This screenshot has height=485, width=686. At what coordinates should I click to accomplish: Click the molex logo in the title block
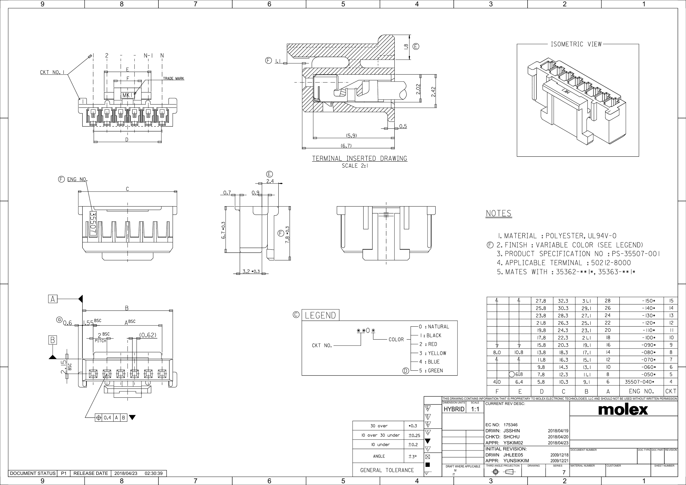coord(623,410)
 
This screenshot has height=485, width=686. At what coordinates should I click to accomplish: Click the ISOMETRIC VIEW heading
coord(576,44)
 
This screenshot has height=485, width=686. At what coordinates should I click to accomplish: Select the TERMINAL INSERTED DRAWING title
coord(360,158)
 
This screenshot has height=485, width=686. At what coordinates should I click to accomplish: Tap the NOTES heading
coord(498,213)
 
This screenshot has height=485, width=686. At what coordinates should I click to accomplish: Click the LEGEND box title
coord(320,315)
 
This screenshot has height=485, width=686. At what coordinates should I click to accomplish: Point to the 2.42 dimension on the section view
coord(433,92)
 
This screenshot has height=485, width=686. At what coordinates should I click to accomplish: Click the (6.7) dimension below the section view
coord(346,146)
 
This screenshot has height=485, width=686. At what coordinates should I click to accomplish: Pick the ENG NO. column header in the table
coord(641,391)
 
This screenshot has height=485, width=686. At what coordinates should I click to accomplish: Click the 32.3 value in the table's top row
coord(563,301)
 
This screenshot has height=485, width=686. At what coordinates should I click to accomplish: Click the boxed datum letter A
coord(53,299)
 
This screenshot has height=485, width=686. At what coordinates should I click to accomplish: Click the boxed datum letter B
coord(53,340)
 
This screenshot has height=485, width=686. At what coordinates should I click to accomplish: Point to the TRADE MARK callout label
coord(173,79)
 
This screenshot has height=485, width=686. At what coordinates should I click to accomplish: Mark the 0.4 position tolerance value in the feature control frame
coord(107,418)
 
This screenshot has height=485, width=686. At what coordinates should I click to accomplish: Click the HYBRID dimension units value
coord(453,409)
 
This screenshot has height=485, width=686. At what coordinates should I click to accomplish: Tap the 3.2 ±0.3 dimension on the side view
coord(251,272)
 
